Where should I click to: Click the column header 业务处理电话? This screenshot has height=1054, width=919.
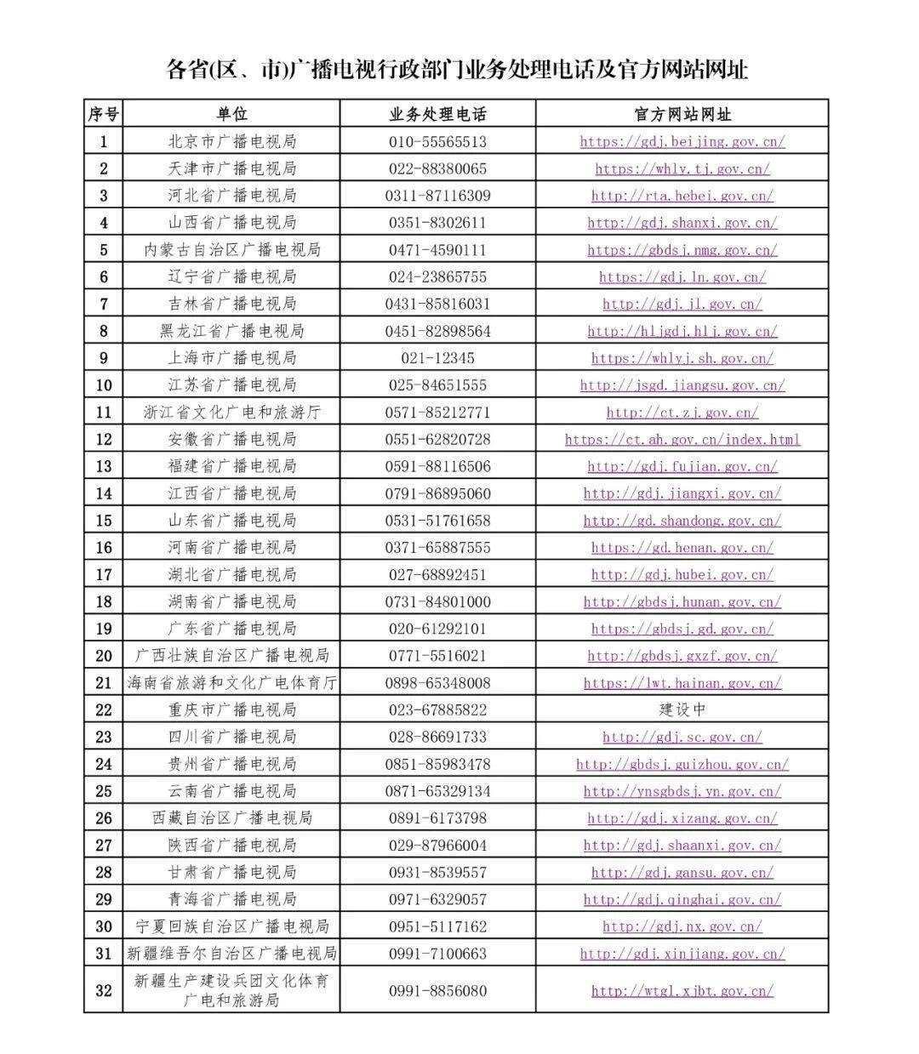[437, 114]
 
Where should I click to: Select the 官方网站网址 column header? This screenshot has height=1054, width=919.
[682, 114]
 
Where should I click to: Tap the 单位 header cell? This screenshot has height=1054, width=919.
[231, 114]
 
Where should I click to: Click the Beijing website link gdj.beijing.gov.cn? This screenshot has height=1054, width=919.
[682, 141]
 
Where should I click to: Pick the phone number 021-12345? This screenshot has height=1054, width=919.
[437, 358]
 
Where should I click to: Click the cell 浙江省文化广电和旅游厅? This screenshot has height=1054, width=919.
[231, 413]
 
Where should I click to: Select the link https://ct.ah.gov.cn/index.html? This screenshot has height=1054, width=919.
[682, 440]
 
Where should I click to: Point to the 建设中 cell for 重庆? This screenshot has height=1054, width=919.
[682, 709]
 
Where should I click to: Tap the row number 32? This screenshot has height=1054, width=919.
[104, 990]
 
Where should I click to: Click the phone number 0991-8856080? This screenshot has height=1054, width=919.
[437, 990]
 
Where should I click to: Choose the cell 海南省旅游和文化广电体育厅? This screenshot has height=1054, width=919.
[231, 682]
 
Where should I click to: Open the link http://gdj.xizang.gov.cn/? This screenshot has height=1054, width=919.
[682, 818]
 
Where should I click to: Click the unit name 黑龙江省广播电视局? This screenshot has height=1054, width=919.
[231, 331]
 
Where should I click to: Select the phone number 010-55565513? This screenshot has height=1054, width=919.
[437, 141]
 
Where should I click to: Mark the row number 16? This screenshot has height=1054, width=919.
[104, 548]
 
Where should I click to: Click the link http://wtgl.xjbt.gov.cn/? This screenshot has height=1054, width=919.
[682, 990]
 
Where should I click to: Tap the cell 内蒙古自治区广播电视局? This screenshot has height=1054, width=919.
[231, 250]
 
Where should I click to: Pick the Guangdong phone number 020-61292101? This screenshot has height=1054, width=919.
[437, 629]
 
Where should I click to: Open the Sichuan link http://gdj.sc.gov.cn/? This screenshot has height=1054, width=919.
[682, 737]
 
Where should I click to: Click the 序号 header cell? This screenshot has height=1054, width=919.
[104, 114]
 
